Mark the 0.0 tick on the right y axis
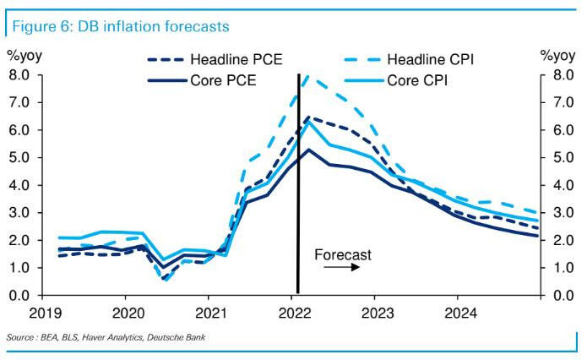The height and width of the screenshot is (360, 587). tap(560, 295)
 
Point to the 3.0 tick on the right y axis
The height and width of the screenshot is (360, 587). tap(560, 213)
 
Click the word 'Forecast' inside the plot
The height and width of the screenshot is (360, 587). tap(342, 254)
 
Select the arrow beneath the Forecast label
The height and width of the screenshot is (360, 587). tap(342, 267)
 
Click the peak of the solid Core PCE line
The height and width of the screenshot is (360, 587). tap(309, 150)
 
